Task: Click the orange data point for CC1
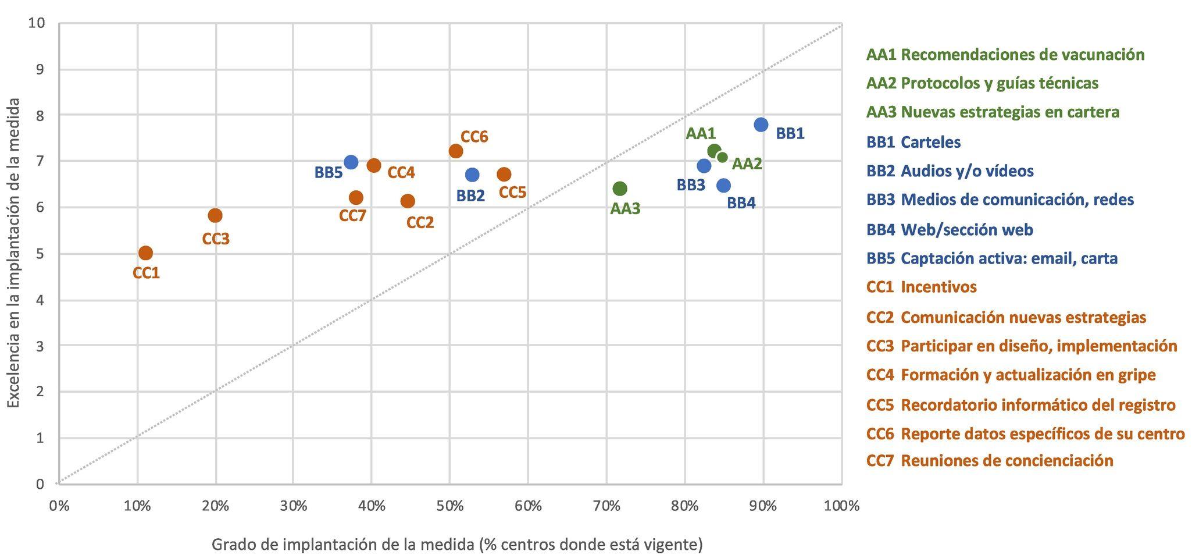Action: coord(145,253)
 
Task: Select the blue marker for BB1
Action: coord(761,125)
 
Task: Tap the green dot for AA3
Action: coord(620,189)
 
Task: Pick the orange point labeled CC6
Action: coord(456,151)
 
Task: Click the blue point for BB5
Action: coord(351,162)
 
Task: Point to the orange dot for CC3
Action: coord(215,215)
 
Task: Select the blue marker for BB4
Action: coord(723,186)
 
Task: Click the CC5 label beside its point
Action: coord(512,192)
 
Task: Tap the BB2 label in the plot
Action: coord(470,196)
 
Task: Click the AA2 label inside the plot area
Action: coord(747,164)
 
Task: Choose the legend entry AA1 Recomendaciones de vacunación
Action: coord(1005,55)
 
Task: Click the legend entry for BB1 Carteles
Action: coord(913,142)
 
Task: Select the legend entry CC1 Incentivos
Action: coord(921,287)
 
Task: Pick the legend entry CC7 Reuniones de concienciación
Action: coord(989,461)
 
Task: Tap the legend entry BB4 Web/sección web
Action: coord(950,229)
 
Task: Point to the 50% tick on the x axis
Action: coord(449,506)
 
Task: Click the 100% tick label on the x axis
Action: coord(841,506)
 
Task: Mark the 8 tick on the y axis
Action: coord(40,115)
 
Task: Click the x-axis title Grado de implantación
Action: coord(457,545)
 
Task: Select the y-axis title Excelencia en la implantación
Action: coord(14,253)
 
